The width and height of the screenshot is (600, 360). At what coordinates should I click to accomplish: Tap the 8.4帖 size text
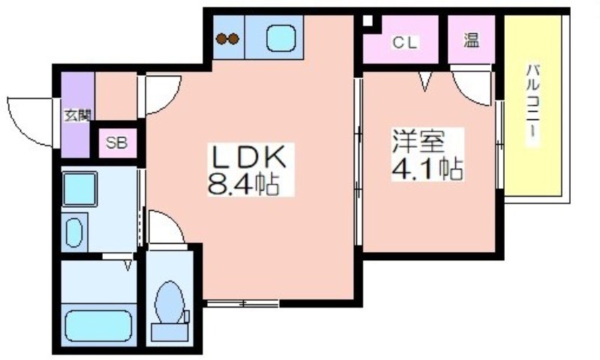(243, 184)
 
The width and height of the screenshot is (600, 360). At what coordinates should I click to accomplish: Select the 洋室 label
(418, 141)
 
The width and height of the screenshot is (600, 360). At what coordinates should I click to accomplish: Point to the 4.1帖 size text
(427, 168)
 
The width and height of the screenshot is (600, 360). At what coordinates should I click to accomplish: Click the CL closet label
(405, 43)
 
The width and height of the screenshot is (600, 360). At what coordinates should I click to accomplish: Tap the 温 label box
(472, 40)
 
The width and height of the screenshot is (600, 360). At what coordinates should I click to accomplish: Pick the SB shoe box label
(117, 143)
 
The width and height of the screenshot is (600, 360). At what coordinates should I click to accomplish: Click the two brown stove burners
(228, 39)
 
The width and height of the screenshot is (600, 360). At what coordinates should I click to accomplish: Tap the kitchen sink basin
(280, 38)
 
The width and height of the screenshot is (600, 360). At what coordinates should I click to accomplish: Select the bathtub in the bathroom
(98, 325)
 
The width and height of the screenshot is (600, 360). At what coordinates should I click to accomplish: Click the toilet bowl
(169, 301)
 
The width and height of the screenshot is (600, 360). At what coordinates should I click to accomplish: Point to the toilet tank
(170, 332)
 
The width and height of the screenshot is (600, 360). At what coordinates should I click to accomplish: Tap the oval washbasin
(73, 232)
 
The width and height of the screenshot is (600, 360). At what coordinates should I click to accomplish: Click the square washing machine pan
(79, 189)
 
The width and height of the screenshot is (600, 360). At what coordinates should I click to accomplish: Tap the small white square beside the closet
(367, 21)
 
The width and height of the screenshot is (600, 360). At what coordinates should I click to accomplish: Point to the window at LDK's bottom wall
(243, 304)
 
